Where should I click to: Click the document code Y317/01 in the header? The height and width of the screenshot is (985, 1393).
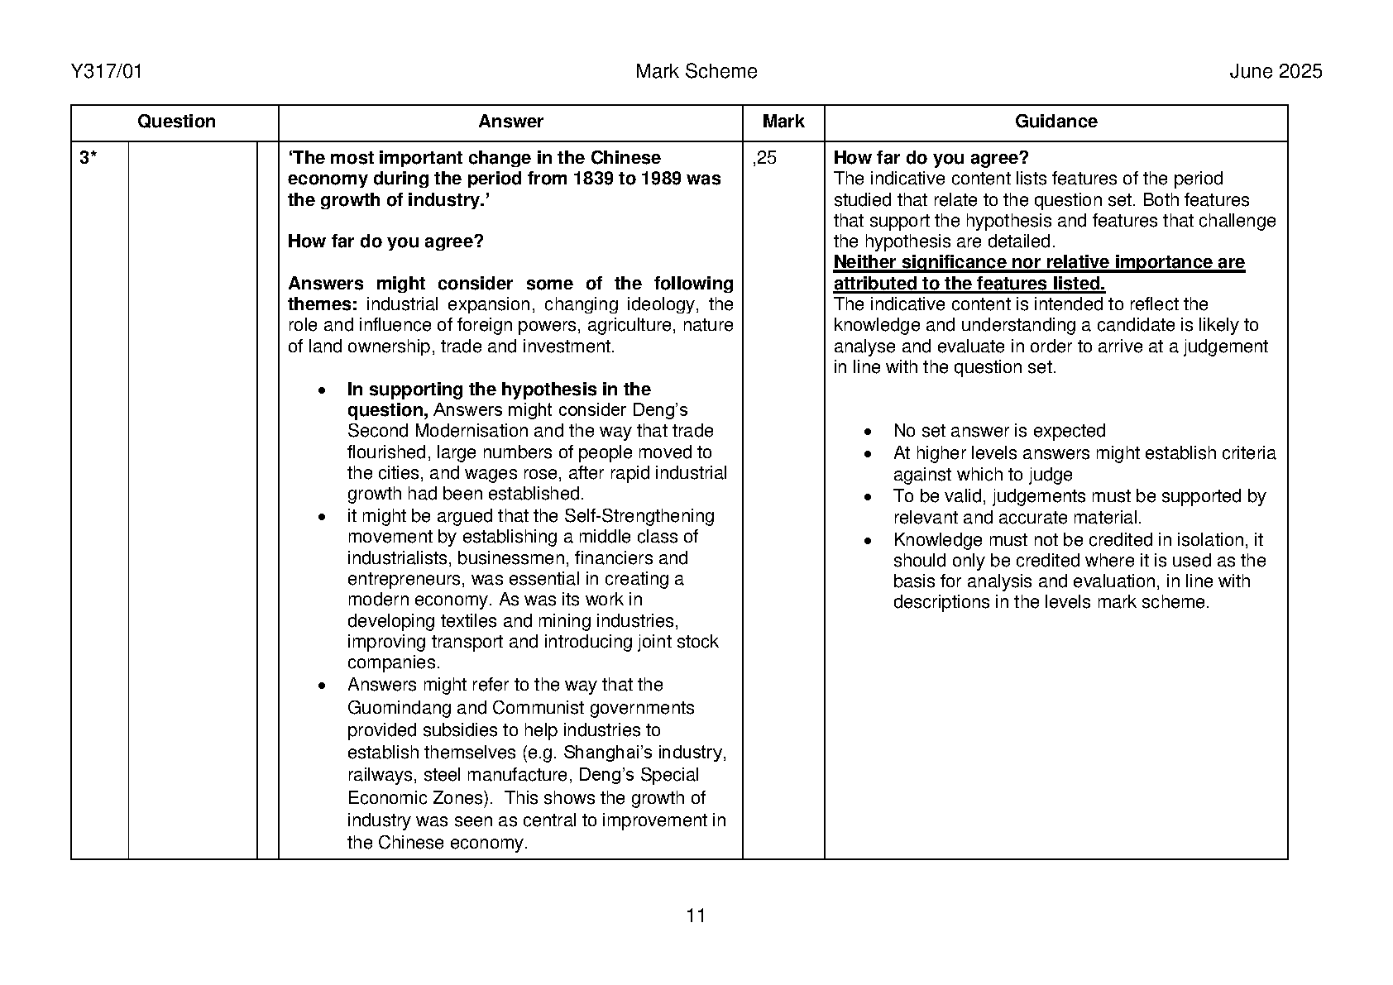coord(107,72)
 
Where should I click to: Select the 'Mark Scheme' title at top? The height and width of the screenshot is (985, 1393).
coord(696,72)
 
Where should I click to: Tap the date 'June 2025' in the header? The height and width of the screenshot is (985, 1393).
coord(1275,72)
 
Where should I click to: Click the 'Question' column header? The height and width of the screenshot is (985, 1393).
coord(175,122)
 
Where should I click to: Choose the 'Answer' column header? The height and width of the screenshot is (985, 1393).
coord(510,122)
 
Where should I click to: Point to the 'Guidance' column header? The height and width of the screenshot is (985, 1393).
coord(1056,122)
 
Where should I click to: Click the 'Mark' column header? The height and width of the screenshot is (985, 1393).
coord(783,122)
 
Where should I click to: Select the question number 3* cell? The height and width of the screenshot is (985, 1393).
coord(89,158)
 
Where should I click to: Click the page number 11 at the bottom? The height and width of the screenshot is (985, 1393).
coord(696,916)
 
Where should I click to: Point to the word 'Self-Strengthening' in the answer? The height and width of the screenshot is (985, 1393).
coord(639,516)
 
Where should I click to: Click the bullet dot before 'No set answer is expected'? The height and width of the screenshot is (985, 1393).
coord(867,433)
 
